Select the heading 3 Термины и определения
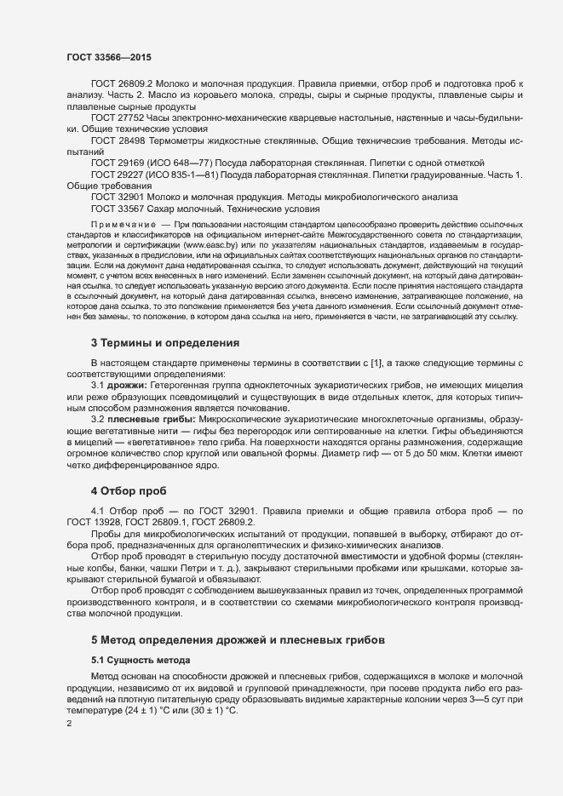[164, 342]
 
